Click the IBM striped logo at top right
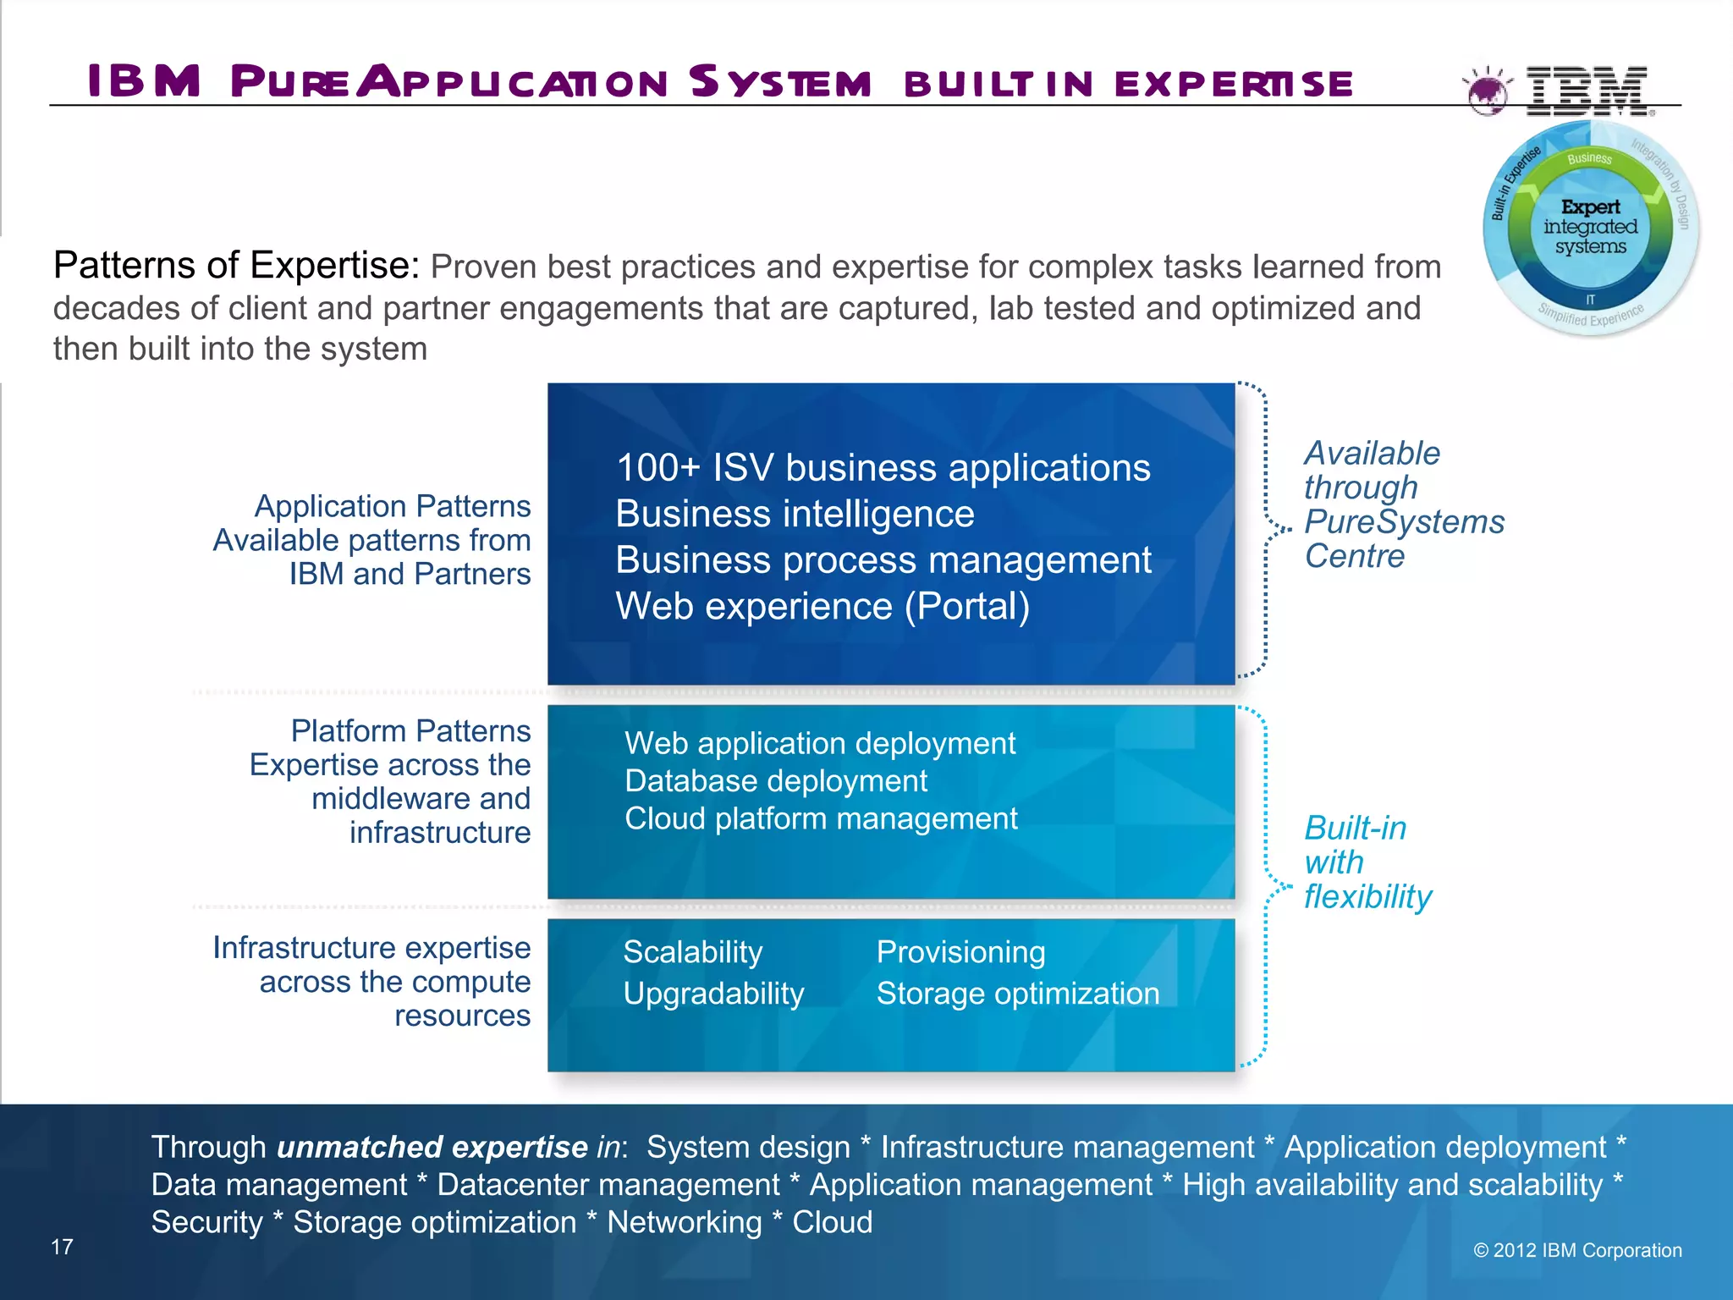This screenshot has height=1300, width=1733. coord(1587,90)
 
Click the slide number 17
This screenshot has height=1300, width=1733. coord(62,1247)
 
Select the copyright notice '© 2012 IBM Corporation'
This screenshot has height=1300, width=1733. coord(1577,1250)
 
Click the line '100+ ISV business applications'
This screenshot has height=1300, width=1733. coord(883,468)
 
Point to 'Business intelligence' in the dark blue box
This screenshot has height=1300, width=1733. coord(795,514)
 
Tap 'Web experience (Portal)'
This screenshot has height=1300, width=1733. coord(822,606)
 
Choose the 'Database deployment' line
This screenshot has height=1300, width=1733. coord(775,780)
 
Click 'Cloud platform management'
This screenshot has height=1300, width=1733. coord(821,818)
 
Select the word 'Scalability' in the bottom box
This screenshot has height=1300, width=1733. coord(692,952)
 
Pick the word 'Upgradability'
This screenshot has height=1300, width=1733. coord(713,994)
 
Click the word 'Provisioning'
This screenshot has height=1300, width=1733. coord(960,952)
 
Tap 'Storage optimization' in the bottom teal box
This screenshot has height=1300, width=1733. coord(1017,994)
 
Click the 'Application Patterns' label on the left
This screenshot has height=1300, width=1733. coord(393,506)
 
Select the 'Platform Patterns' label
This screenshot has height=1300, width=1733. coord(410,730)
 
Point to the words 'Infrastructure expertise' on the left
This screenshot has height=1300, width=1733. coord(371,948)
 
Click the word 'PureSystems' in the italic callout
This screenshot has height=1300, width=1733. coord(1404,522)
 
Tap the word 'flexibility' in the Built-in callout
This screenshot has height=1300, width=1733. coord(1367,896)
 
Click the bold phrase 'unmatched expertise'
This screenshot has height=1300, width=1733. coord(432,1147)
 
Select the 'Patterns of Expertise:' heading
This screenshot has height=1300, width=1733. coord(236,266)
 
